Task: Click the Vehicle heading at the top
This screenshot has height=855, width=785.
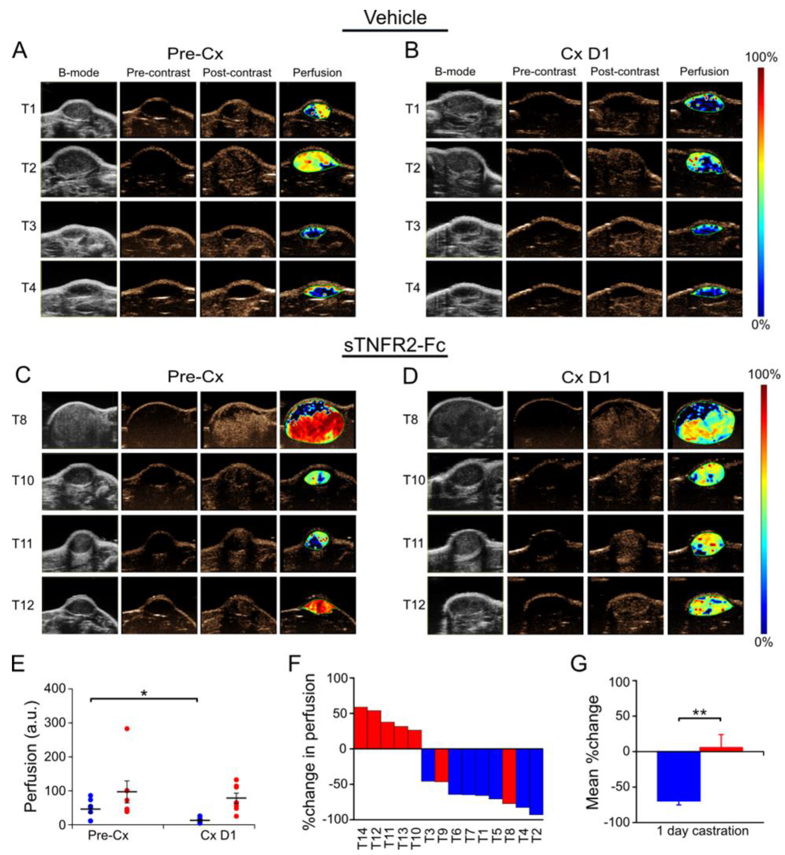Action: tap(395, 17)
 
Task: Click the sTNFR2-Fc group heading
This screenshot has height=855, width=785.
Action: tap(395, 345)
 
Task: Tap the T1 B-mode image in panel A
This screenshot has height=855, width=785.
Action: tap(78, 110)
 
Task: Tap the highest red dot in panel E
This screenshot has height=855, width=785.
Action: tap(127, 729)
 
